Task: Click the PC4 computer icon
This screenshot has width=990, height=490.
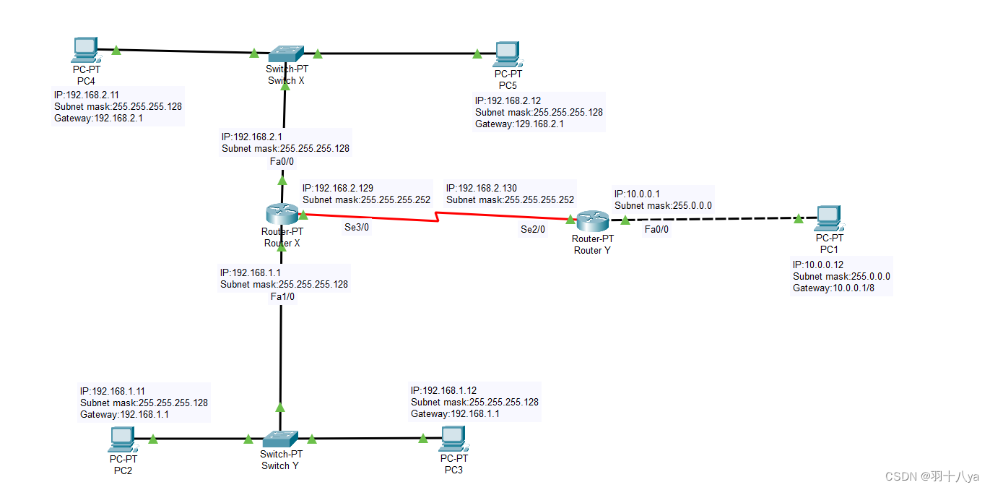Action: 86,50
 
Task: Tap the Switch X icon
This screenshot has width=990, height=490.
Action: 286,54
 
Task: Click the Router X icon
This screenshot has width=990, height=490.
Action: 282,214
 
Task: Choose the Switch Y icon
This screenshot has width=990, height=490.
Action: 280,438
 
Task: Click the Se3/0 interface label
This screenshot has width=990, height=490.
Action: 357,227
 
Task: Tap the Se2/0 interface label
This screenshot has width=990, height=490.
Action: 533,230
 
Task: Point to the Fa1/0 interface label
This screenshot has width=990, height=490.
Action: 282,297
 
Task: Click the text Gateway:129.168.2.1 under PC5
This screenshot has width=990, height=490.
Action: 519,124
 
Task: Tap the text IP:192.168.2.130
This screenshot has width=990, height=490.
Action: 482,189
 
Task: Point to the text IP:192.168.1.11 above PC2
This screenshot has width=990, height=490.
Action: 113,391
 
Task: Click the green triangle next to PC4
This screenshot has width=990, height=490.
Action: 116,51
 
